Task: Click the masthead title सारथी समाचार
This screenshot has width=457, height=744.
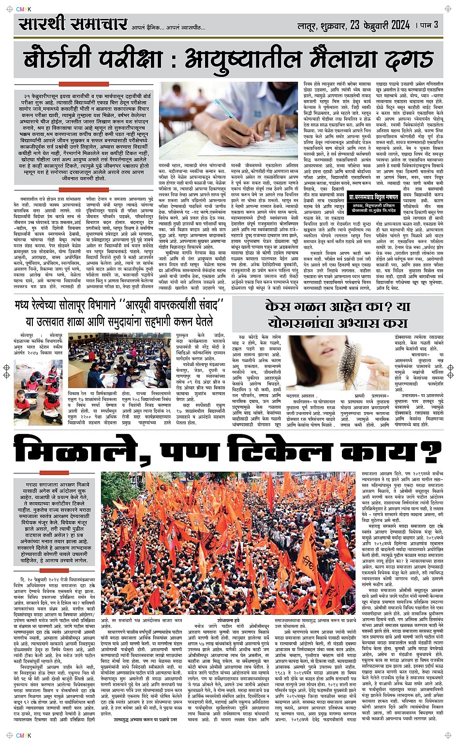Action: [73, 24]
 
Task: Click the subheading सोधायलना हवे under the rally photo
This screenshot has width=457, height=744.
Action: [228, 619]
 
